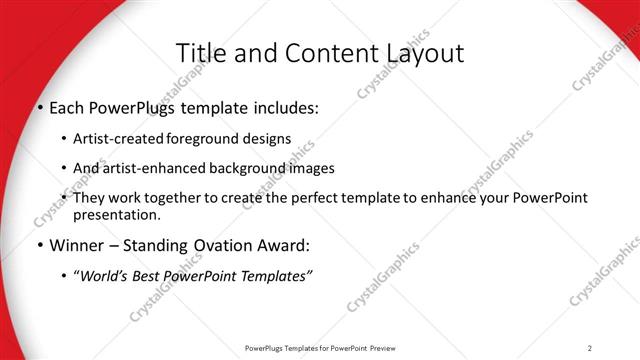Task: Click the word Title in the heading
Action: [199, 53]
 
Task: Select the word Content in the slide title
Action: [319, 53]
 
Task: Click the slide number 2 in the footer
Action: [590, 347]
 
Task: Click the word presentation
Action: [116, 214]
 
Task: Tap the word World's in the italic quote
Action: [106, 274]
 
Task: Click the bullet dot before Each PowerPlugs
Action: [40, 108]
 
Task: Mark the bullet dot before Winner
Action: [40, 245]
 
